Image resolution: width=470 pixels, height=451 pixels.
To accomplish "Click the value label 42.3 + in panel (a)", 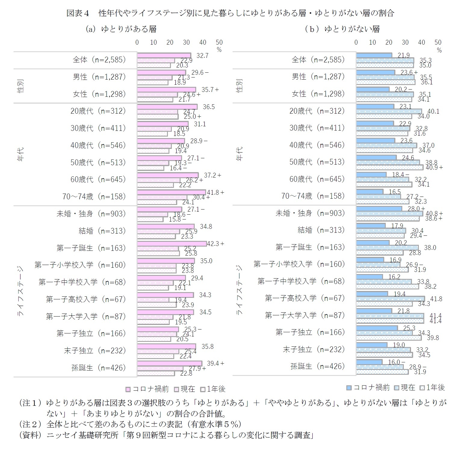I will click(215, 244).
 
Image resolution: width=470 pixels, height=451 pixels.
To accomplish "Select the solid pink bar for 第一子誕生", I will click(172, 244).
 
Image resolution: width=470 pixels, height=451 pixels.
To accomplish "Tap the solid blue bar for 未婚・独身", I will click(379, 209).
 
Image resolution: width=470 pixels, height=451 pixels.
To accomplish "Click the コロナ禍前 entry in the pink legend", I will click(147, 389).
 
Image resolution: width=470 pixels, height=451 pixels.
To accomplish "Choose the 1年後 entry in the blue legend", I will click(433, 388).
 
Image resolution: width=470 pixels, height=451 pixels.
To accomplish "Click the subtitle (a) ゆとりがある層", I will click(121, 29).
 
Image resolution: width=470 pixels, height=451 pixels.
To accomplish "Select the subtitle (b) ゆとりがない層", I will click(342, 29).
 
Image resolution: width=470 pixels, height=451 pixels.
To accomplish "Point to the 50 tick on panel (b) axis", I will click(438, 43).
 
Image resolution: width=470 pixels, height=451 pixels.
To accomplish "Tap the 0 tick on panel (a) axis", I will click(137, 43).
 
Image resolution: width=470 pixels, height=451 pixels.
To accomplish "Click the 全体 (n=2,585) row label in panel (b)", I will click(318, 60).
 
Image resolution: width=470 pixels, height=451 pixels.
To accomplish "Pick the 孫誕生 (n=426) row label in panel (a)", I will click(98, 367).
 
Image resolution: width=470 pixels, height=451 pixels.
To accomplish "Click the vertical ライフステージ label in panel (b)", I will click(239, 290).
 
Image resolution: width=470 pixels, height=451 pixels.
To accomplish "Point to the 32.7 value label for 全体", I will click(202, 56).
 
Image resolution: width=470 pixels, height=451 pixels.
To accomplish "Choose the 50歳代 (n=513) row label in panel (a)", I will click(98, 162).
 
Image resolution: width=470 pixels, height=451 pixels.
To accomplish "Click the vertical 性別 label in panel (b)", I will click(239, 86).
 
